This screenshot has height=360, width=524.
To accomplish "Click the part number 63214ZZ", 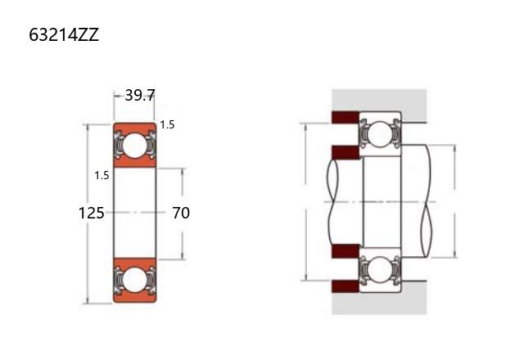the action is tap(64, 34).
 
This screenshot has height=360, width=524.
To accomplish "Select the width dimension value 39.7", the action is tap(140, 96).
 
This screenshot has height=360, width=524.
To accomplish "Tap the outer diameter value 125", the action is tap(91, 213).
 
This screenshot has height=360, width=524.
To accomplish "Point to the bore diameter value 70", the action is tap(181, 213).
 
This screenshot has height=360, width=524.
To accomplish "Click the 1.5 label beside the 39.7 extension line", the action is tap(167, 125).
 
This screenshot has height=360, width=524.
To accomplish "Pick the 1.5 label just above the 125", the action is tap(102, 175).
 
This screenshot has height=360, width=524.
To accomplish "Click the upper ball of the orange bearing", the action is tap(134, 146).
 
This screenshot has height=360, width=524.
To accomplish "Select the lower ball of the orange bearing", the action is tap(134, 279).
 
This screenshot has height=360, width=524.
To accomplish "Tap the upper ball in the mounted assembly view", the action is tap(381, 133).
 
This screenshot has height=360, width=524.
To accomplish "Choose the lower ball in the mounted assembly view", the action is tap(381, 269).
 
